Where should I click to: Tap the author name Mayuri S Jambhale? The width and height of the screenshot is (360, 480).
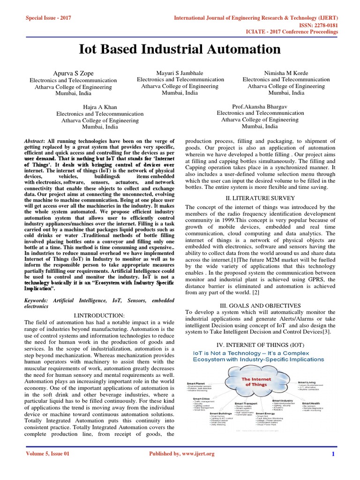180,73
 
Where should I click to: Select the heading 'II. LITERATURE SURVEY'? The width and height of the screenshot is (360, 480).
260,197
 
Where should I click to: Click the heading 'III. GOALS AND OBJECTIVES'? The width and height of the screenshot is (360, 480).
260,305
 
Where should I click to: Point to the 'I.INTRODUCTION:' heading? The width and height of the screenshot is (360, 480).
99,315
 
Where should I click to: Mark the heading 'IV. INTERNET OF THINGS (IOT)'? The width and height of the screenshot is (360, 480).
260,345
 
